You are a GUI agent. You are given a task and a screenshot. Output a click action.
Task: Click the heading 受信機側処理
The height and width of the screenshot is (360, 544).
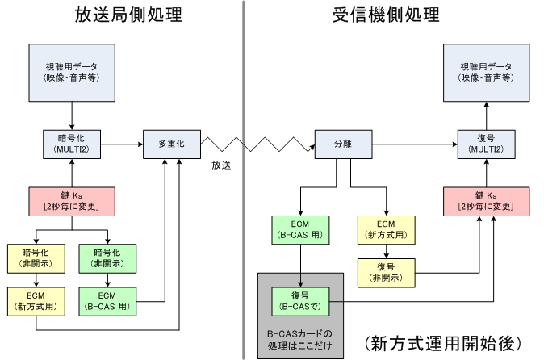click(386, 15)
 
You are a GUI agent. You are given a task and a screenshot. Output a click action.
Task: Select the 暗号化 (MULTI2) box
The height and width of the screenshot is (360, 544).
click(73, 144)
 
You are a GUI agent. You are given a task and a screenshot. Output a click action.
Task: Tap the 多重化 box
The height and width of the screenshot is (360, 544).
click(170, 144)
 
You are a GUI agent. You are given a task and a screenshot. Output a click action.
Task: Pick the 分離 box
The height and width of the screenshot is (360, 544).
click(343, 144)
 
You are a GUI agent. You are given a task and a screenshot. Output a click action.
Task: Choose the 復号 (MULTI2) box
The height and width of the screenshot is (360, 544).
click(486, 144)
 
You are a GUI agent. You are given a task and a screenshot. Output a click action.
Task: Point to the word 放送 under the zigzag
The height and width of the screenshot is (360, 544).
click(222, 165)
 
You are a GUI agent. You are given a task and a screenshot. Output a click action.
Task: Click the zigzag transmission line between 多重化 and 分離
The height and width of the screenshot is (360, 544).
click(257, 145)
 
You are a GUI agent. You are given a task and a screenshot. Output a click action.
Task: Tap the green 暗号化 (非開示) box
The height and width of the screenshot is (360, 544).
click(107, 257)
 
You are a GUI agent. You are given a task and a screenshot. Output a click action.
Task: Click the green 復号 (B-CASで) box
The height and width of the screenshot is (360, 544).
click(301, 301)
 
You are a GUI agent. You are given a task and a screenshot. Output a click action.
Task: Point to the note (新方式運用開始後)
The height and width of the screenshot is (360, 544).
click(445, 341)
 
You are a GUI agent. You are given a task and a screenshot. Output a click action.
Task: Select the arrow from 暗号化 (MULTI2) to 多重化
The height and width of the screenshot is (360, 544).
click(122, 144)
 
